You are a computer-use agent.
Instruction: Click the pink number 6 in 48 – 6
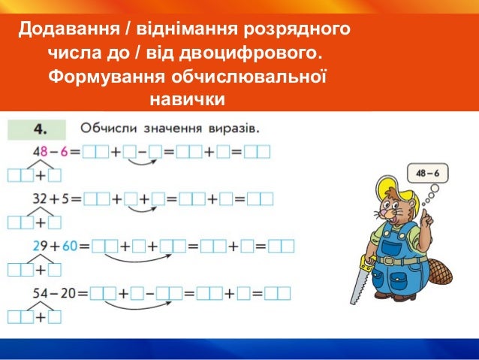pyautogui.click(x=65, y=152)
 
